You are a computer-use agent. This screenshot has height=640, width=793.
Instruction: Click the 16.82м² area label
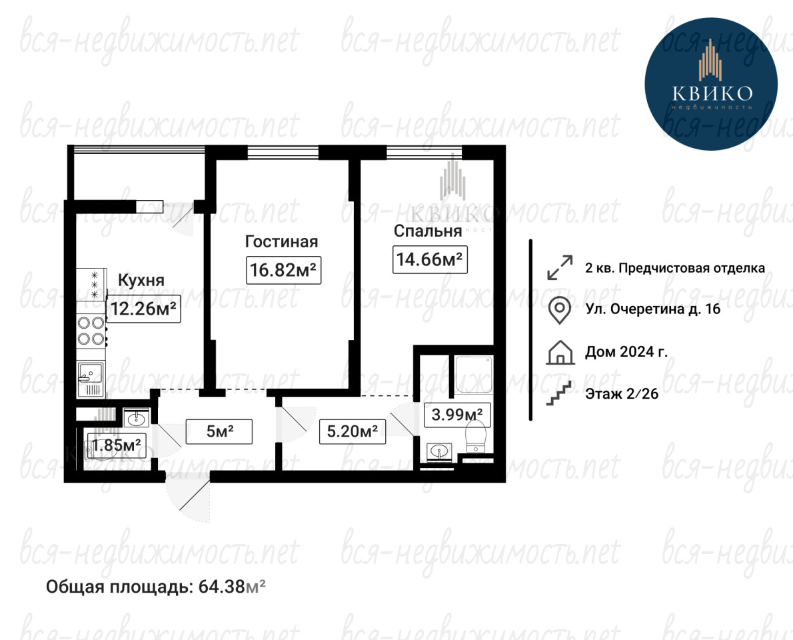tap(284, 269)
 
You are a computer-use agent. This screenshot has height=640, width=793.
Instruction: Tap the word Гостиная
tap(282, 241)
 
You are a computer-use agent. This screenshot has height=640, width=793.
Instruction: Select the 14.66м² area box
tap(430, 259)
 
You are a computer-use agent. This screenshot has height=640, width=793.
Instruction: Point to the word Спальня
tap(428, 231)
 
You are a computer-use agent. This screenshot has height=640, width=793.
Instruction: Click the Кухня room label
tap(141, 280)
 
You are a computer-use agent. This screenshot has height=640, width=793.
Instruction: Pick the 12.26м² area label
tap(144, 308)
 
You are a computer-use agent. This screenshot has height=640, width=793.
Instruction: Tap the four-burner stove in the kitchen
tap(91, 331)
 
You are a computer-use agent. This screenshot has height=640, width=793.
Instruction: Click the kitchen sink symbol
tap(91, 379)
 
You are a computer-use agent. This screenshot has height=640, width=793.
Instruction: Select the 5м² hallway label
tap(219, 431)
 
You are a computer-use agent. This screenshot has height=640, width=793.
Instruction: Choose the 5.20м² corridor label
tap(353, 431)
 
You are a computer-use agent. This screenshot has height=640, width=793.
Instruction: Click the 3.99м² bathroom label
tap(457, 415)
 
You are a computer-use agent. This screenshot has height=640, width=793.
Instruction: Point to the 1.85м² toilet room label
tap(117, 446)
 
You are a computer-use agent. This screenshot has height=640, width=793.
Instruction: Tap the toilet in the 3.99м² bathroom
tap(475, 437)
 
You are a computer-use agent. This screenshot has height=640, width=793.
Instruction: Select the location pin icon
tap(560, 309)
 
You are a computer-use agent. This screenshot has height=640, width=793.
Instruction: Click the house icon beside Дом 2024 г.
tap(560, 353)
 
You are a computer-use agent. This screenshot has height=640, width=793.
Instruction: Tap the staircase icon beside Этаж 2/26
tap(559, 393)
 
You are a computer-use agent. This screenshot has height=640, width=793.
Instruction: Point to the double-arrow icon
tap(560, 267)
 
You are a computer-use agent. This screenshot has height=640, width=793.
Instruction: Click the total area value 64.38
tap(221, 587)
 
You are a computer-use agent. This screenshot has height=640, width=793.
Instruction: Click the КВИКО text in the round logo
tap(712, 93)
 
